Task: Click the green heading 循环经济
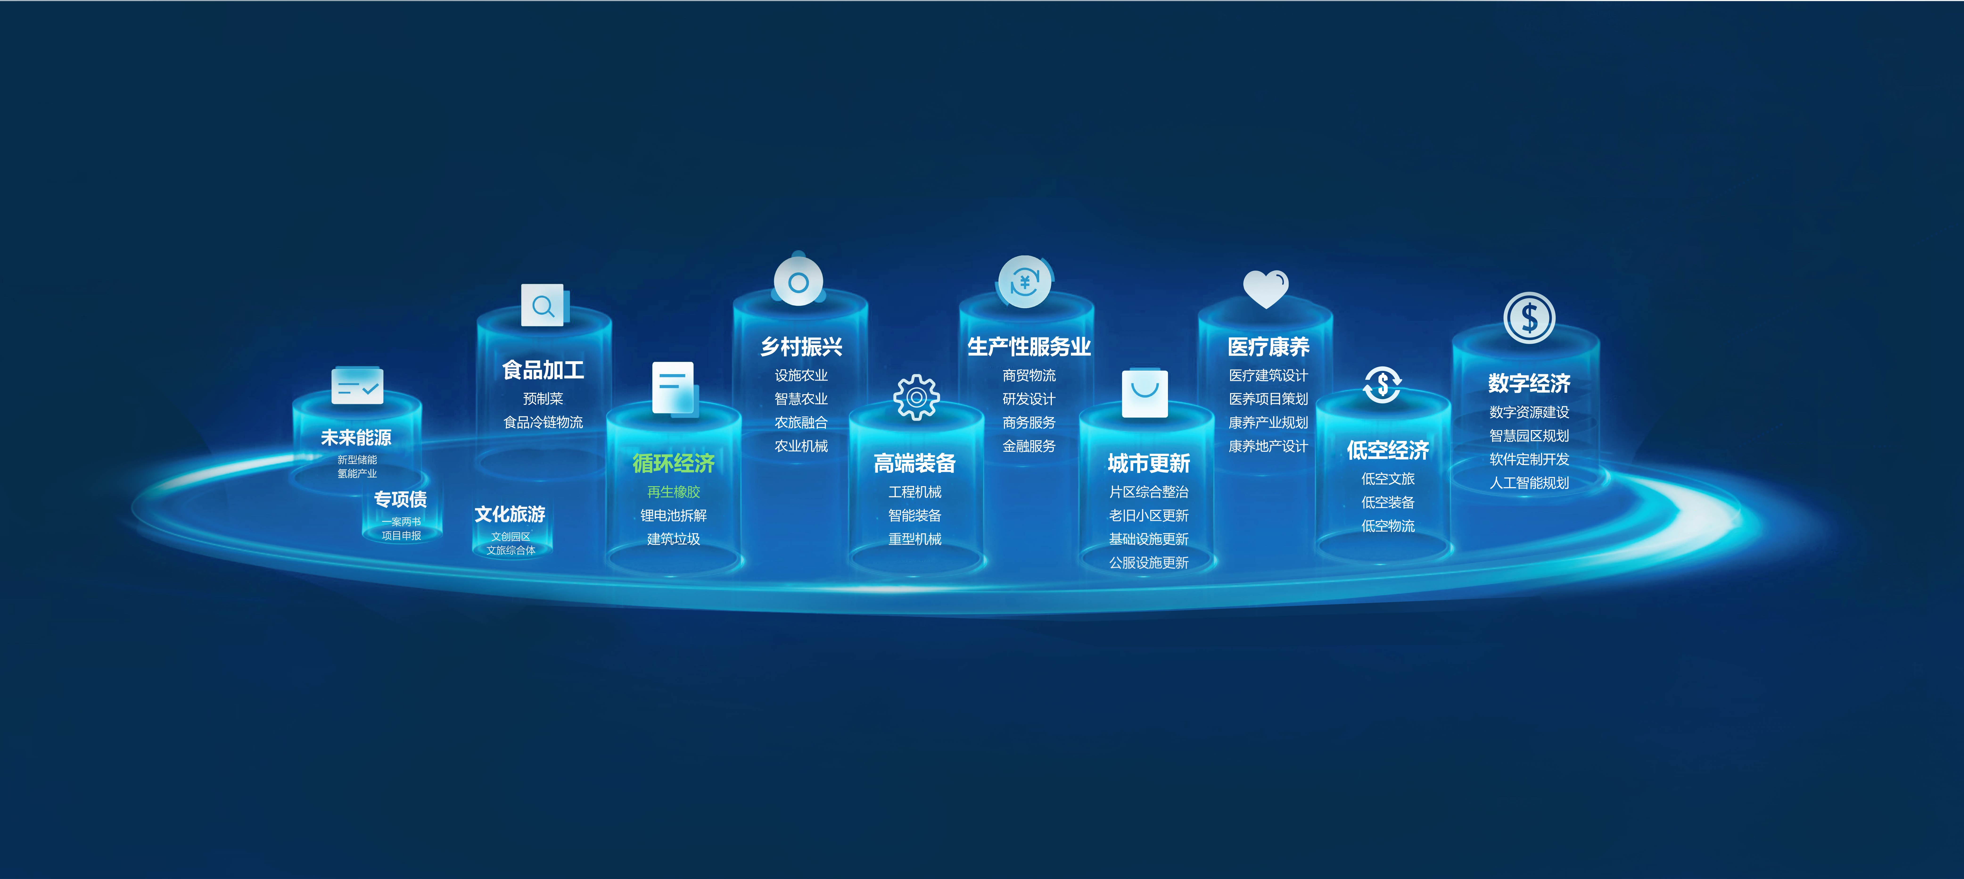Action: click(673, 463)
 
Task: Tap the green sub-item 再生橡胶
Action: click(673, 492)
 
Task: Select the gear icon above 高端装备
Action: click(916, 398)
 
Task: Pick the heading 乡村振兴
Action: click(801, 347)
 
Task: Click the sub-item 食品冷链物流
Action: click(543, 422)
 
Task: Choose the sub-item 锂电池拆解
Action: click(673, 516)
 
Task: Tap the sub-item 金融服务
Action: click(1029, 446)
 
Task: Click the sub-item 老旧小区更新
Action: click(1148, 516)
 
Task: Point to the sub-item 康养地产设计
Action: click(1268, 446)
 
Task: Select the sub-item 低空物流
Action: click(1388, 526)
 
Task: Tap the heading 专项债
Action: click(400, 499)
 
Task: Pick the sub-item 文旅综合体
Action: click(511, 550)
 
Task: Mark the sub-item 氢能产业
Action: click(357, 473)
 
